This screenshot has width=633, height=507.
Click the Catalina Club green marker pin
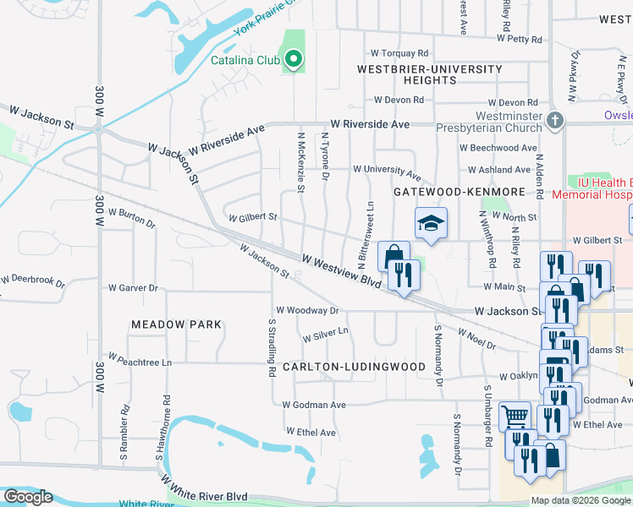294,59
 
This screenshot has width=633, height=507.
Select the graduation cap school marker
430,224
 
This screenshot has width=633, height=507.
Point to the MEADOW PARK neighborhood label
176,324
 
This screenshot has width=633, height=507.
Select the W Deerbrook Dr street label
33,278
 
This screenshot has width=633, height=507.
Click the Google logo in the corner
27,497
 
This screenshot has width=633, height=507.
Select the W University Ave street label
387,172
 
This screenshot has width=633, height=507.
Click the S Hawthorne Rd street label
159,428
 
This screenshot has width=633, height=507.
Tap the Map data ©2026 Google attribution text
580,500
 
